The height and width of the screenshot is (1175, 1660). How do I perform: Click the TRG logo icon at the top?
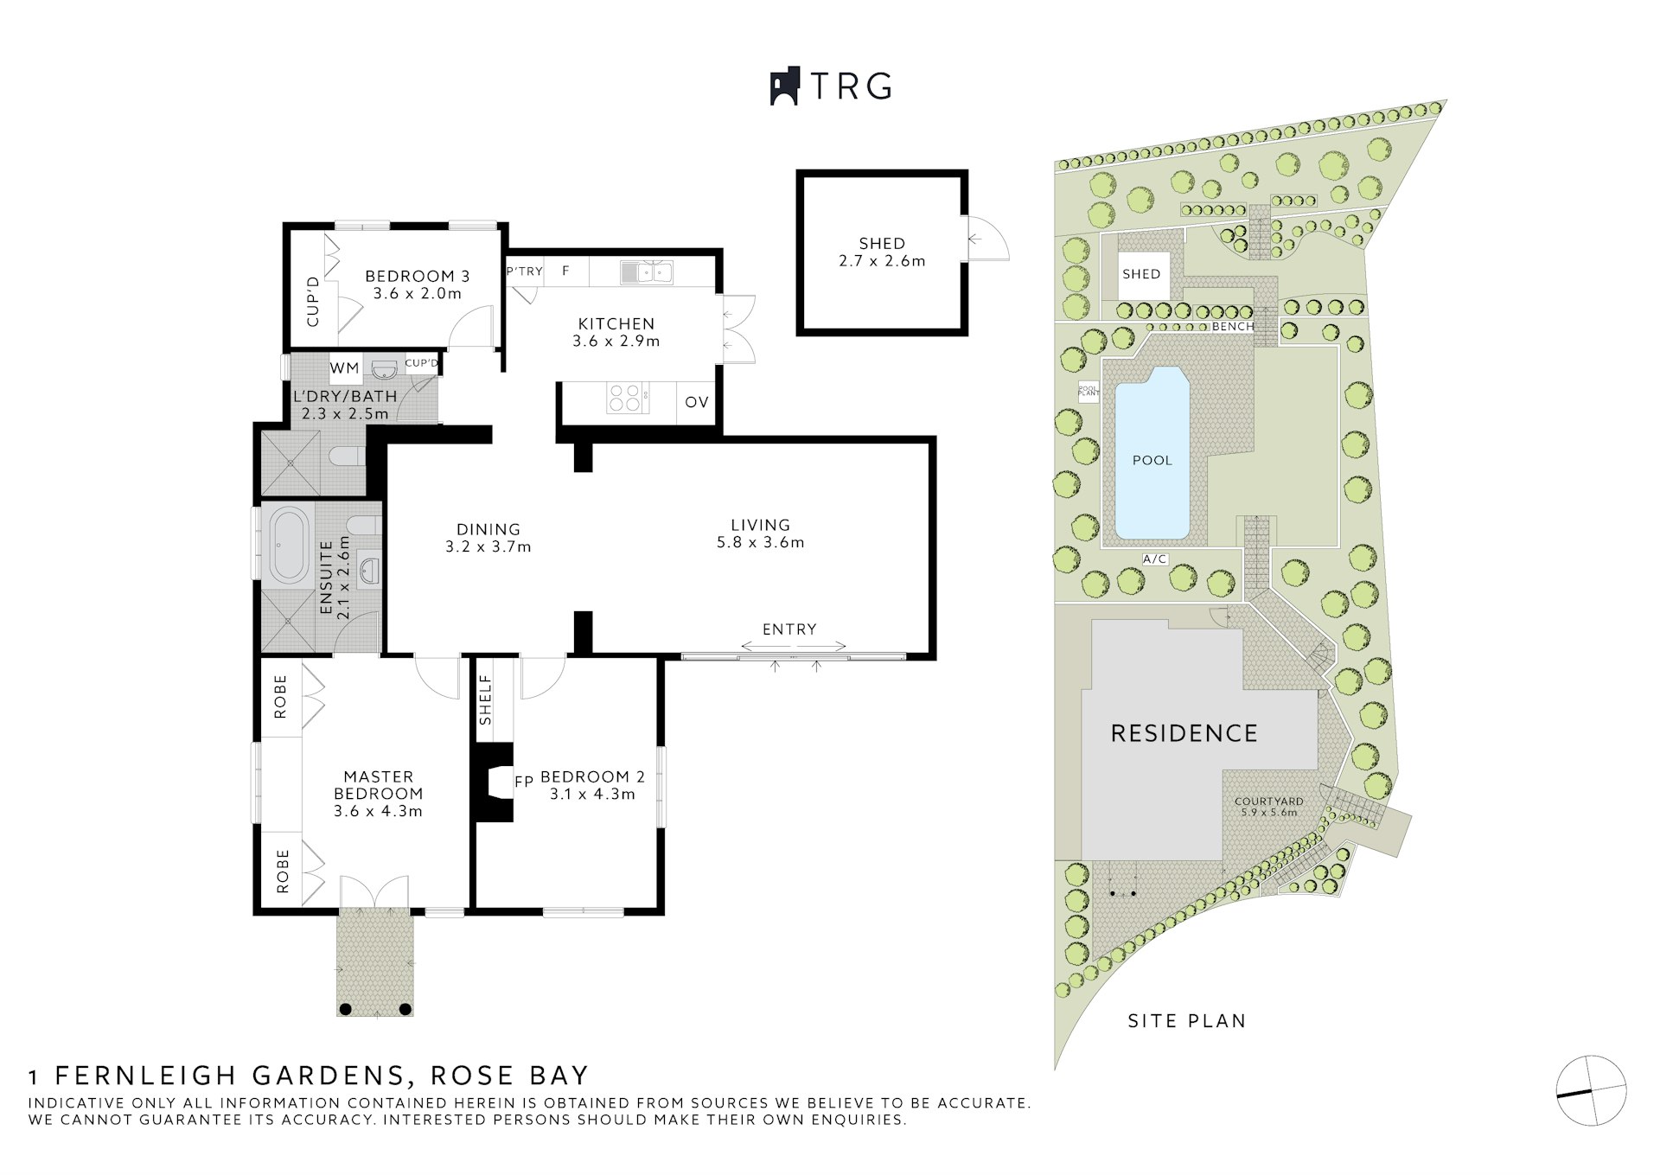[x=785, y=86]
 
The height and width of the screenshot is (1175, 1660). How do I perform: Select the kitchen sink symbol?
[x=646, y=272]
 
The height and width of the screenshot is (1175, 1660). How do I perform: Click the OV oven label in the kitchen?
[x=697, y=402]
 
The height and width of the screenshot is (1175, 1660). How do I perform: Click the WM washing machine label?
[x=344, y=368]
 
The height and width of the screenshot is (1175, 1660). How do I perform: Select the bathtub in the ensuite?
[x=289, y=545]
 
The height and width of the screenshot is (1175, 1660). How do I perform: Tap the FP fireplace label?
[x=524, y=782]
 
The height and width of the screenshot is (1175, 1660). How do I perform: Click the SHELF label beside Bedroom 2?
[x=485, y=699]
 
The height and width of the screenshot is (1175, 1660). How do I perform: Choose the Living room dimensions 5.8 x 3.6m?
[x=760, y=543]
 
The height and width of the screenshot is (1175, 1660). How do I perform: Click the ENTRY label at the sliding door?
[x=789, y=629]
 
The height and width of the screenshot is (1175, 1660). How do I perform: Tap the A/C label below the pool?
[x=1155, y=559]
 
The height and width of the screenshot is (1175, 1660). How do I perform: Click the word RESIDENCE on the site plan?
[x=1184, y=734]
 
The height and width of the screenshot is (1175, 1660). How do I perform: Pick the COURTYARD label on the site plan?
[x=1268, y=801]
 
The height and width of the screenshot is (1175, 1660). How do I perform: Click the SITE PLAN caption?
[x=1187, y=1021]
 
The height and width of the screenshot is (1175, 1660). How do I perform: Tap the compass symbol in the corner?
[x=1591, y=1090]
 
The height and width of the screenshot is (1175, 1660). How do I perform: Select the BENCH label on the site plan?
[x=1232, y=327]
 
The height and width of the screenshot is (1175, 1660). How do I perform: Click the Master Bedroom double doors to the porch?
[x=374, y=893]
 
